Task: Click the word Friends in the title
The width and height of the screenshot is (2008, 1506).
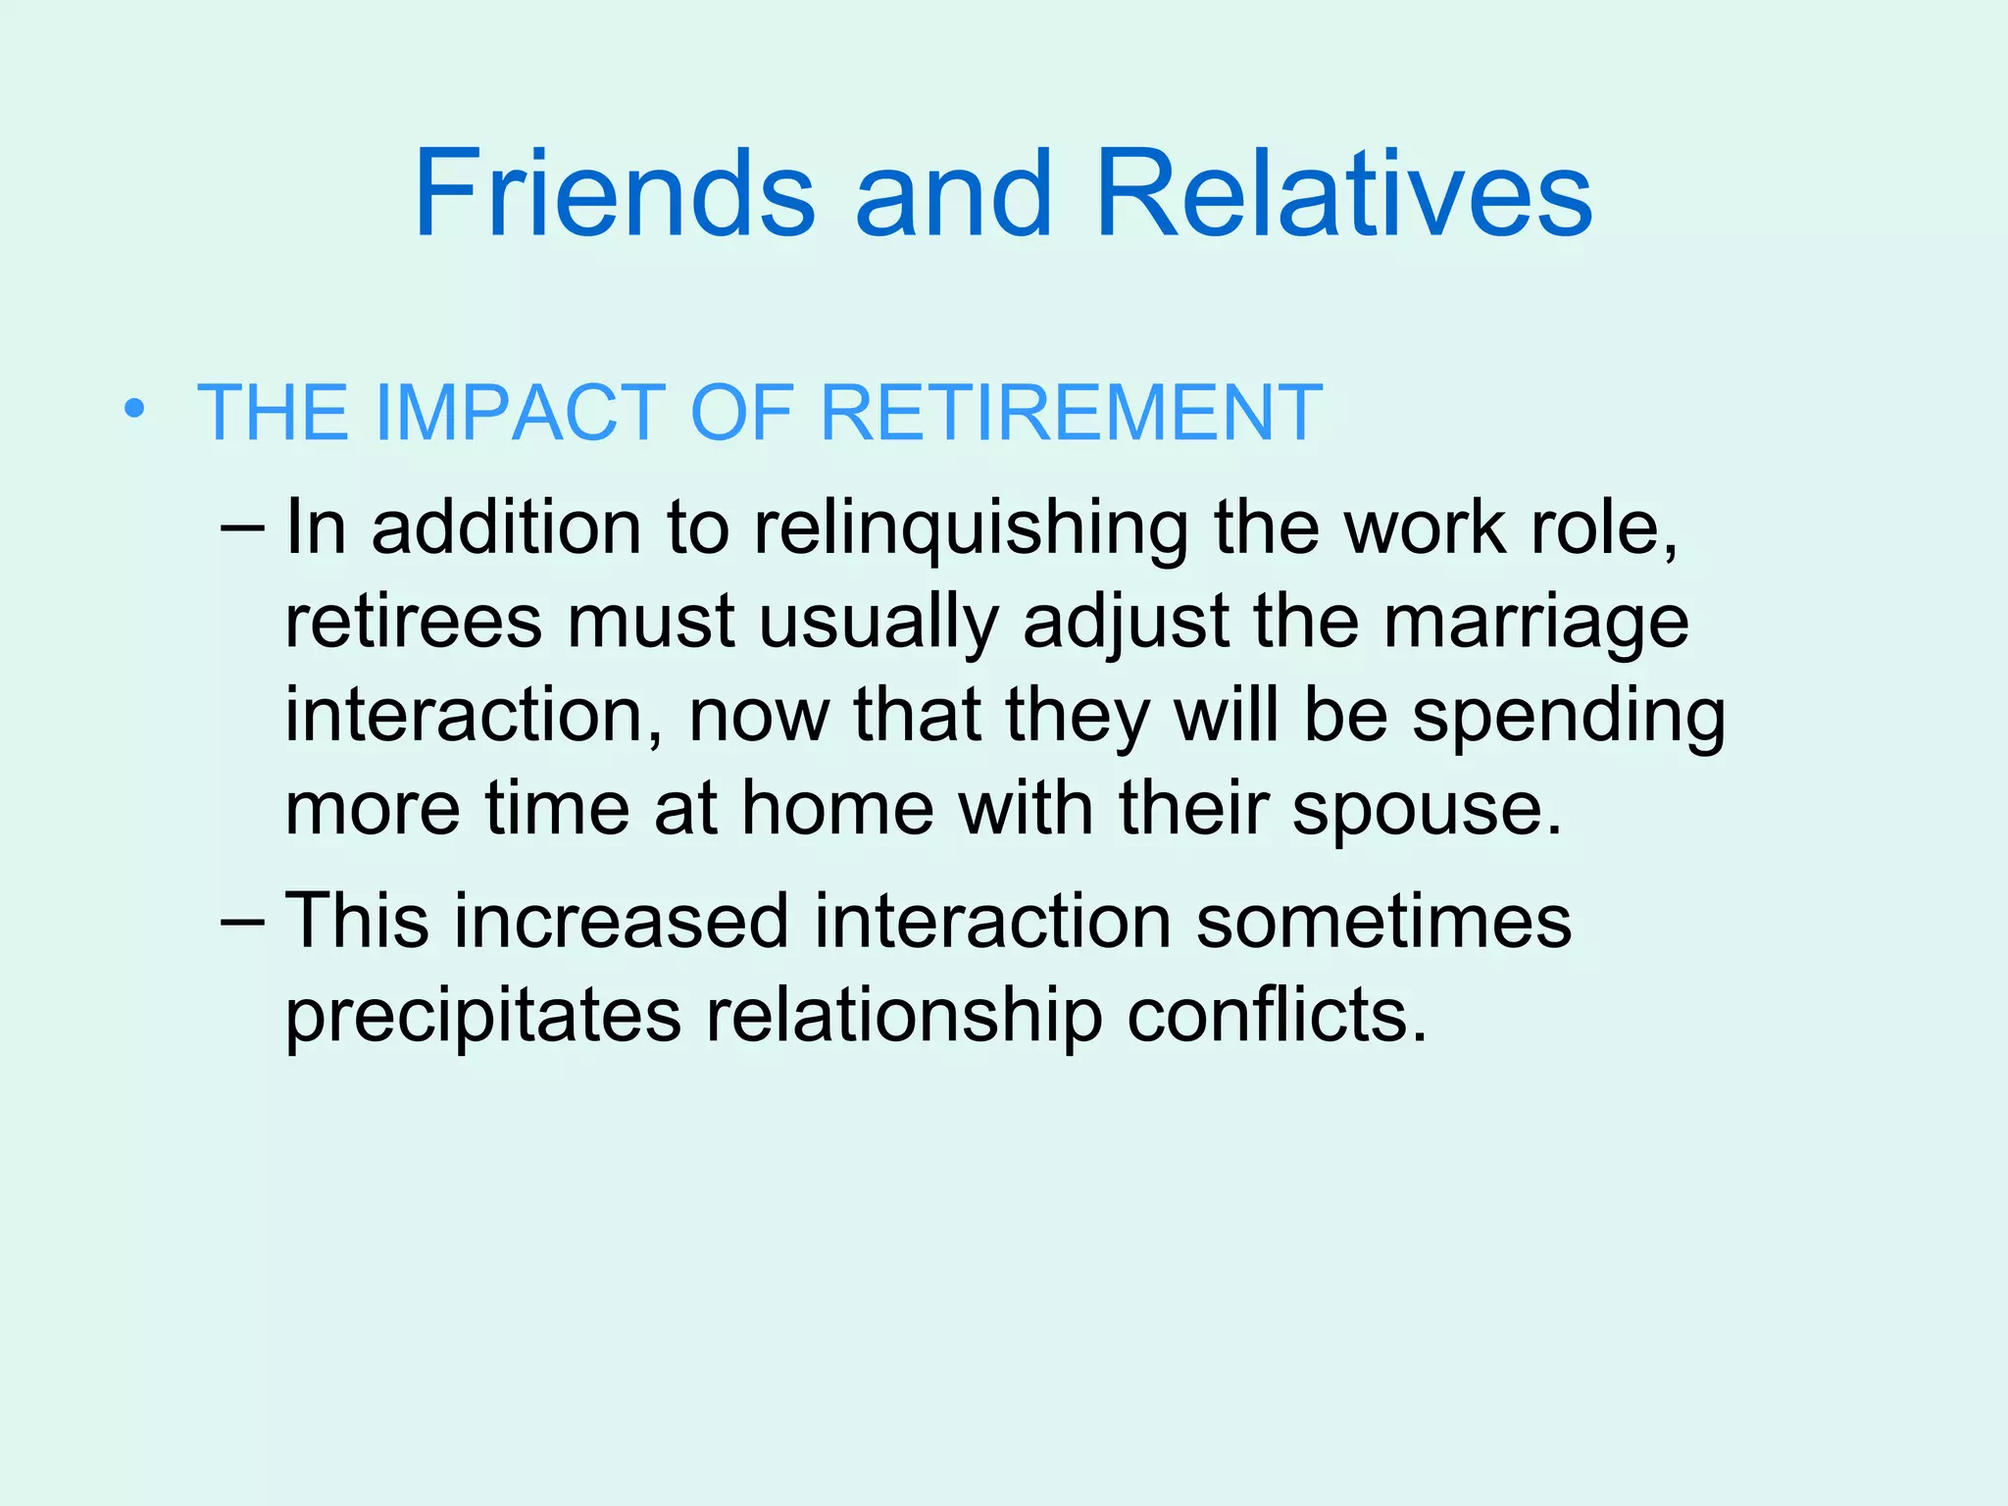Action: pos(614,193)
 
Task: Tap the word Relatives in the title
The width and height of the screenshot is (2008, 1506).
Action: pos(1343,193)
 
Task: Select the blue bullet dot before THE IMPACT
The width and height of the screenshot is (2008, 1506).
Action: pos(134,409)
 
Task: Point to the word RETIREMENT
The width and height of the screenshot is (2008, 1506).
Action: pos(1071,413)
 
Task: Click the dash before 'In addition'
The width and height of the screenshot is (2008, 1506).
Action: pos(242,528)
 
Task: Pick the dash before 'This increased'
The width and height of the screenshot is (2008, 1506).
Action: pos(242,922)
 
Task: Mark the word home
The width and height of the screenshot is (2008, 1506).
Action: pos(837,810)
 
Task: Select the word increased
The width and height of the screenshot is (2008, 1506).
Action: pos(621,922)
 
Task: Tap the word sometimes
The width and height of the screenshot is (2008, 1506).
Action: pos(1383,922)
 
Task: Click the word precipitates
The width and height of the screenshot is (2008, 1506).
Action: pos(482,1017)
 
